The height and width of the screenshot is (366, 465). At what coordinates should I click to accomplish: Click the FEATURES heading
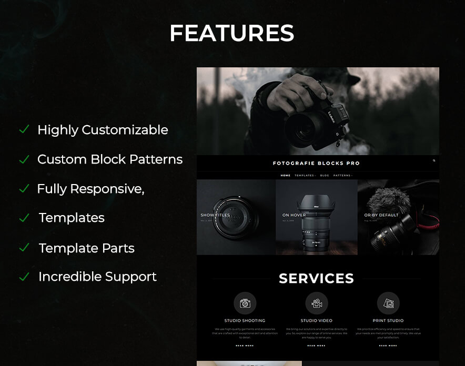pos(231,34)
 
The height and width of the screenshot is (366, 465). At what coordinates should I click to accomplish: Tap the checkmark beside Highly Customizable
pos(24,129)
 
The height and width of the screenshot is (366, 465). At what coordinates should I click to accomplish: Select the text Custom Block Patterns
pos(110,159)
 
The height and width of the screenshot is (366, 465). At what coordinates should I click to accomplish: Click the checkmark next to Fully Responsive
pos(24,188)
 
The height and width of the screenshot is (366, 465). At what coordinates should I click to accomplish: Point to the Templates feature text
pos(72,218)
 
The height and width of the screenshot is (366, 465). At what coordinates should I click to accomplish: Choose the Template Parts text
pos(86,248)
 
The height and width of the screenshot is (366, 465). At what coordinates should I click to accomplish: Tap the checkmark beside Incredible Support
pos(24,277)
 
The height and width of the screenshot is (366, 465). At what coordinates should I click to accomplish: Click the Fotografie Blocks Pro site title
pos(316,164)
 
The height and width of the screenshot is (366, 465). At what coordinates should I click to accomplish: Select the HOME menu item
pos(286,176)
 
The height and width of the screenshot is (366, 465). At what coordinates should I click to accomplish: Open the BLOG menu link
pos(325,176)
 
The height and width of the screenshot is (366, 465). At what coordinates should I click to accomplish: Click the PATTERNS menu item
pos(342,176)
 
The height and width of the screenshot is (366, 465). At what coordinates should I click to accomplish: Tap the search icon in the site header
pos(434,161)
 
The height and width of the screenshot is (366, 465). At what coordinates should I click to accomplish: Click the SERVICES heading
pos(316,279)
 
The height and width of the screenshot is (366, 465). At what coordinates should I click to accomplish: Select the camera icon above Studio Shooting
pos(245,303)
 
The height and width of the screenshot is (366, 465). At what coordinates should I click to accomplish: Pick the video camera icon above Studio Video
pos(317,303)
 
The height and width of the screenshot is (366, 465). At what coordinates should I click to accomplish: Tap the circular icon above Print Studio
pos(388,303)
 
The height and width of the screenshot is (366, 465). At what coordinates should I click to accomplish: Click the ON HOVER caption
pos(294,215)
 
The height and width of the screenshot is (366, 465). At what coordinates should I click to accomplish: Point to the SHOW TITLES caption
pos(215,215)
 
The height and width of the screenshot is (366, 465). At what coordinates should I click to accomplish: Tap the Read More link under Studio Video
pos(316,345)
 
